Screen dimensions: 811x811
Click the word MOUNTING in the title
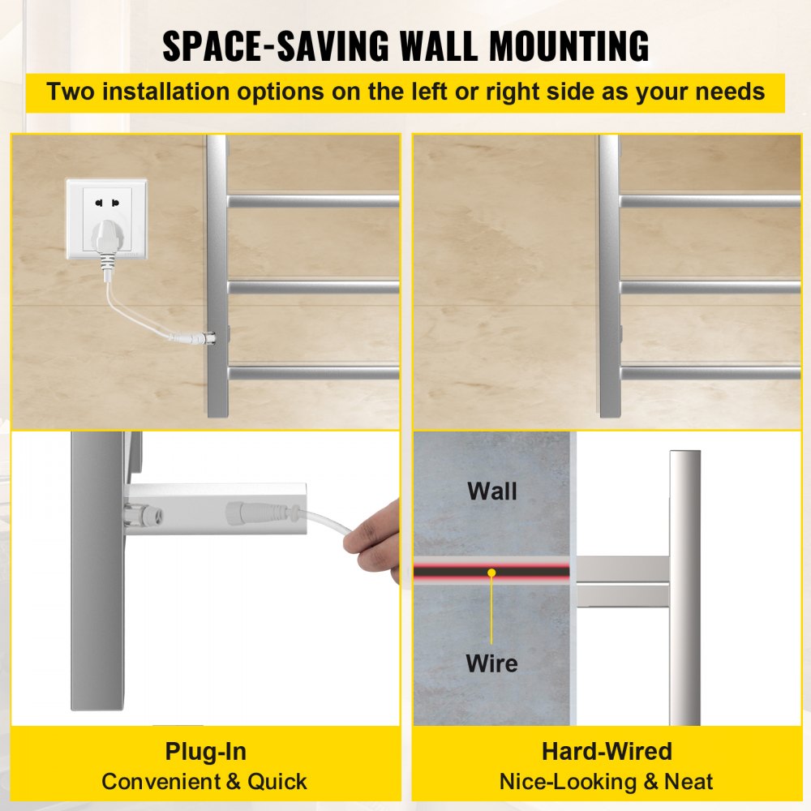pyautogui.click(x=569, y=46)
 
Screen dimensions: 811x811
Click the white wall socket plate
pyautogui.click(x=106, y=219)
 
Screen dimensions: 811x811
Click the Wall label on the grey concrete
pyautogui.click(x=492, y=491)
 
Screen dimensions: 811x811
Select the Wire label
pyautogui.click(x=491, y=663)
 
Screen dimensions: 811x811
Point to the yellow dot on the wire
pyautogui.click(x=491, y=573)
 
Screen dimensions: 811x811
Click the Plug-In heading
pyautogui.click(x=205, y=752)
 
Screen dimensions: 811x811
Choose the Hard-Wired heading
pyautogui.click(x=607, y=751)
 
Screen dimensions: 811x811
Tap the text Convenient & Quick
pyautogui.click(x=204, y=782)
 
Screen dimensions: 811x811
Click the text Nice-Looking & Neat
pyautogui.click(x=606, y=782)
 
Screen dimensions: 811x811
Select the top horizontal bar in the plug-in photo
pyautogui.click(x=313, y=201)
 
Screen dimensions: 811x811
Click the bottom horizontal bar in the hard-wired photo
pyautogui.click(x=710, y=373)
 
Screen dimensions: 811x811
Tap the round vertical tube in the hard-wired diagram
pyautogui.click(x=684, y=587)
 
